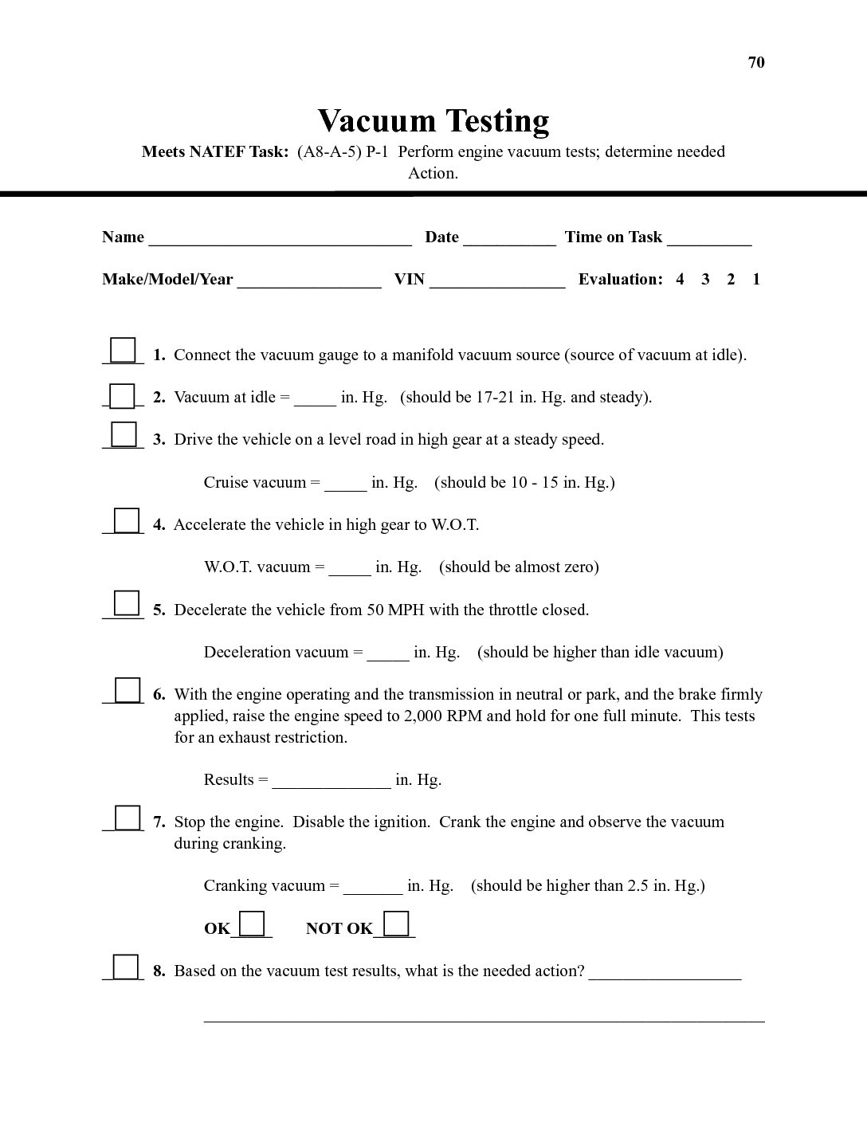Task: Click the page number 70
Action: (x=756, y=63)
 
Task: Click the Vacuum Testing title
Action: (x=433, y=121)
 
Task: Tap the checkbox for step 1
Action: (x=123, y=351)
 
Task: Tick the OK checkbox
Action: (x=253, y=924)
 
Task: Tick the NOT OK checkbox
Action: (x=396, y=924)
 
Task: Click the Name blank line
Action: (x=280, y=238)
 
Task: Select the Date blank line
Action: (x=509, y=238)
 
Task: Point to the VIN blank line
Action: (x=497, y=280)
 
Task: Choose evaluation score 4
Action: (x=680, y=280)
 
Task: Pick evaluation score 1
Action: (x=756, y=280)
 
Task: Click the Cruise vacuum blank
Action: (x=346, y=484)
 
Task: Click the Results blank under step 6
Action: (x=331, y=781)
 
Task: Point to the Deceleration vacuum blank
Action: (x=388, y=653)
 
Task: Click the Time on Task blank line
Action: (x=709, y=238)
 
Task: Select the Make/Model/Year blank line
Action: (x=309, y=280)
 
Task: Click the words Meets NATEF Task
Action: (x=215, y=152)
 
